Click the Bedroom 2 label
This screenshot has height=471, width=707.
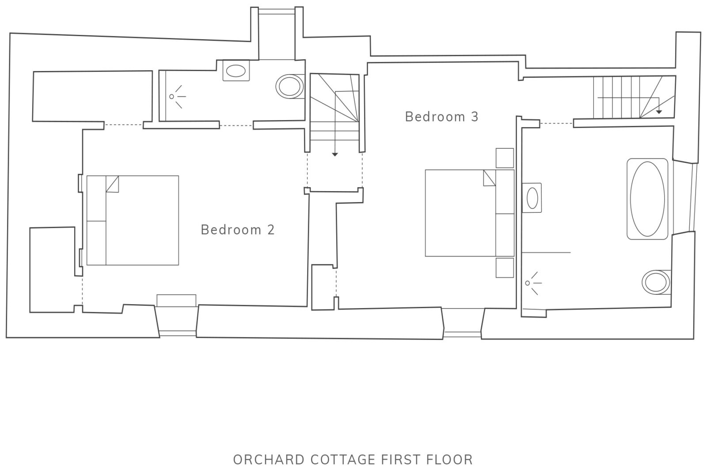tap(238, 230)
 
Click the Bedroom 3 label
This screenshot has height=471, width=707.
tap(441, 117)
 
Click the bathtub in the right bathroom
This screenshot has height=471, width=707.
tap(647, 199)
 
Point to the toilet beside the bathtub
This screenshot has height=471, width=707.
tap(656, 282)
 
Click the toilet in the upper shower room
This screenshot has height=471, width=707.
tap(290, 86)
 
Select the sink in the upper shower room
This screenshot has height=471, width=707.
tap(236, 70)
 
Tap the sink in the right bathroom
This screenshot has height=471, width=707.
tap(532, 198)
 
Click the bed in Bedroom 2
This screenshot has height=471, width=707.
tap(133, 220)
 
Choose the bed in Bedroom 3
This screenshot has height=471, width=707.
tap(470, 213)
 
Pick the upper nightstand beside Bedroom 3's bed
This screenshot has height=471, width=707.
tap(505, 158)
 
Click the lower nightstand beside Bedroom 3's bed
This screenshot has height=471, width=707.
tap(505, 268)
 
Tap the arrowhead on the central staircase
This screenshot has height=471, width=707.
tap(335, 154)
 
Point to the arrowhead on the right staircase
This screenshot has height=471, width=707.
tap(659, 112)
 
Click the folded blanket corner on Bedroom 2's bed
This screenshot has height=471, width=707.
tap(112, 184)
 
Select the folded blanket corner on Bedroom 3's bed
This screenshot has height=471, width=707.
tap(490, 178)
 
